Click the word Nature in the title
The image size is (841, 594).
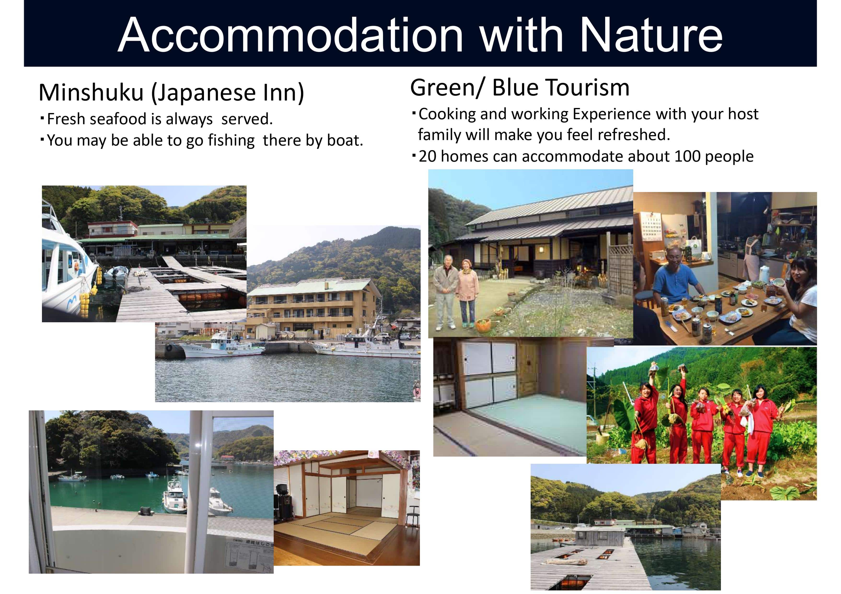(651, 35)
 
